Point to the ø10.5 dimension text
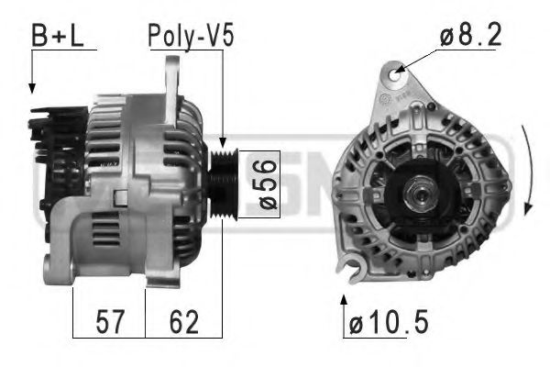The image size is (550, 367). click(x=390, y=324)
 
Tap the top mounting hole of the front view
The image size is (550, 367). click(x=396, y=70)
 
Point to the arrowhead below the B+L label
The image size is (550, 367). click(x=32, y=88)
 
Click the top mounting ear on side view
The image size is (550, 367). click(x=172, y=78)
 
